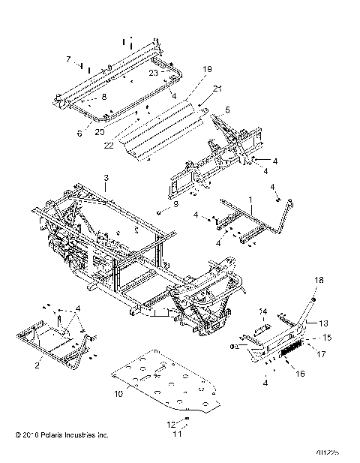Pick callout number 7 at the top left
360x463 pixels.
click(x=68, y=58)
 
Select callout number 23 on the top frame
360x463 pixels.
click(x=153, y=73)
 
